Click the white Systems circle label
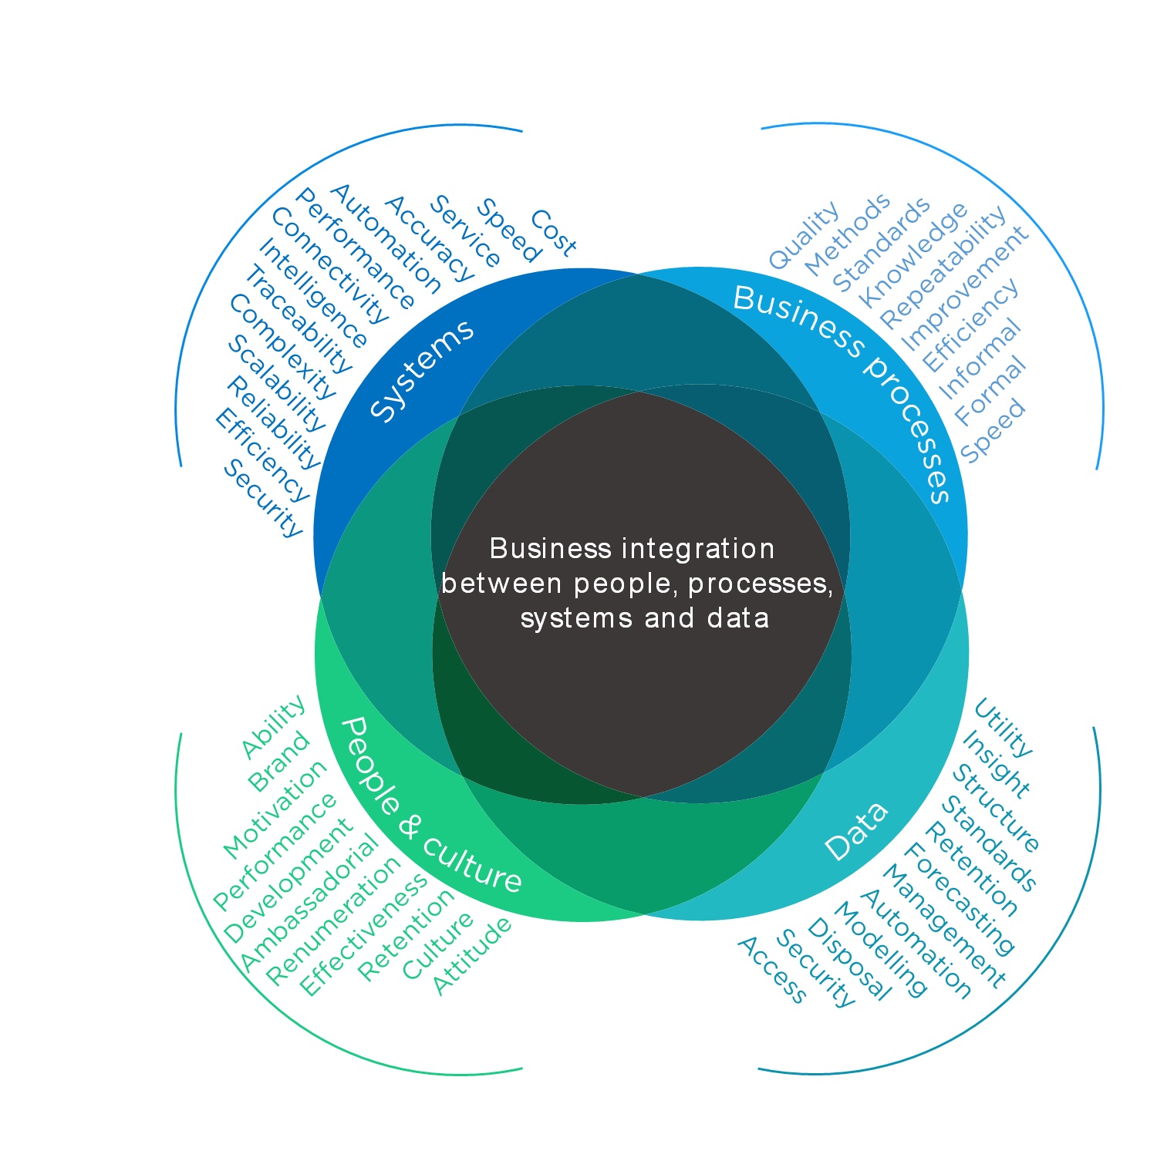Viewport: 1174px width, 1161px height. click(x=422, y=369)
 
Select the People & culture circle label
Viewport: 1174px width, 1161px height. click(x=430, y=806)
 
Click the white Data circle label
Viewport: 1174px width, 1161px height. click(x=856, y=832)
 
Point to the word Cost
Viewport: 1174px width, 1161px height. click(x=552, y=233)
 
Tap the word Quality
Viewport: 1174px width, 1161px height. click(x=805, y=235)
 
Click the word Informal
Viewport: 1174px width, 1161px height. click(x=979, y=359)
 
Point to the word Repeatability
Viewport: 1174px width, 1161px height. click(x=943, y=266)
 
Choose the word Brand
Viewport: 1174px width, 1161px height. click(x=278, y=762)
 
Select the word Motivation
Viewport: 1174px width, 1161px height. click(x=275, y=809)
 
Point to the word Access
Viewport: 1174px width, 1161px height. click(x=771, y=970)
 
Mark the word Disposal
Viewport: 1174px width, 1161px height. click(x=848, y=959)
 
